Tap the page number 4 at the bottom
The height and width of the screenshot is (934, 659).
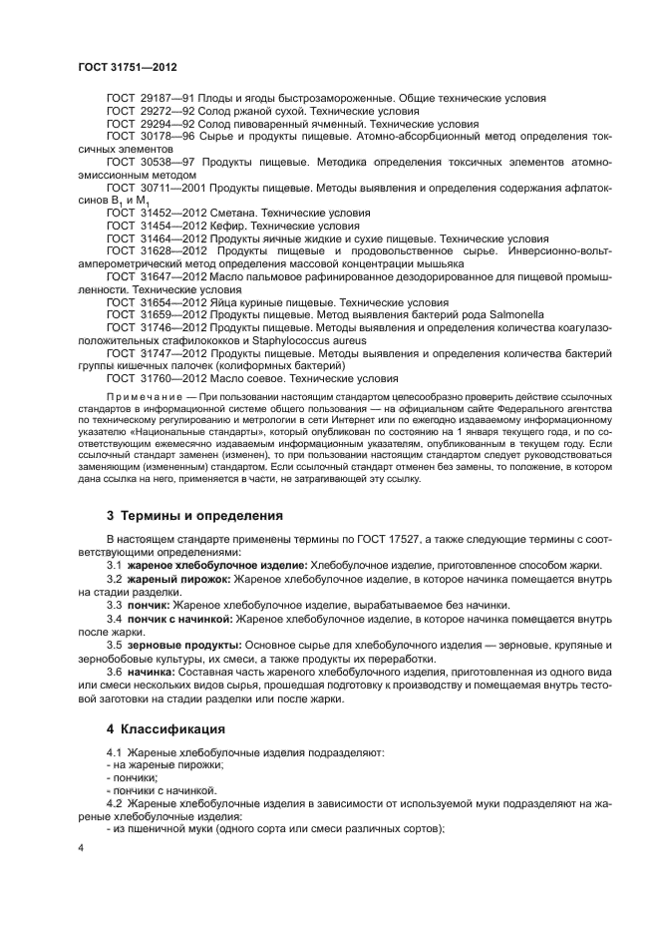tap(81, 846)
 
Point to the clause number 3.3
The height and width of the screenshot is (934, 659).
tap(116, 606)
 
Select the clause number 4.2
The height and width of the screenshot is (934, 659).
tap(116, 803)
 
